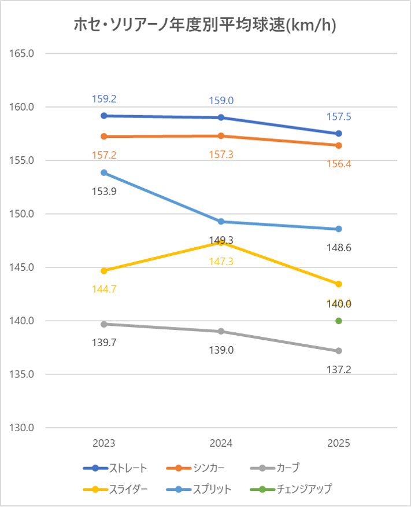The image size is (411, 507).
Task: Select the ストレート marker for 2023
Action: (x=104, y=116)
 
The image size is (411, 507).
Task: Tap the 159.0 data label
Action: (x=221, y=101)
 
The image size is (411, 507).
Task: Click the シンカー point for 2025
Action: (x=339, y=145)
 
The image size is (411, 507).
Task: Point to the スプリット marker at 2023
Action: (x=104, y=172)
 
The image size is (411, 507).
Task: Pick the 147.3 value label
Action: (x=221, y=262)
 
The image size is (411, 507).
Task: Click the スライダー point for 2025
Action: (x=339, y=284)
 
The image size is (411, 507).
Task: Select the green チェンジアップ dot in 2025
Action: (x=339, y=321)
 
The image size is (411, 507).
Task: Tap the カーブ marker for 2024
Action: (x=221, y=332)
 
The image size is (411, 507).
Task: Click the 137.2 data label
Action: (x=339, y=369)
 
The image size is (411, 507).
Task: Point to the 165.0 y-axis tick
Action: (x=23, y=53)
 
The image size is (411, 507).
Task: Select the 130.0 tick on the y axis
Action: (x=23, y=428)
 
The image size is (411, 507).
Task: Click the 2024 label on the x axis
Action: (x=221, y=444)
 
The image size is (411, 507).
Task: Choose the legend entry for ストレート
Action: (x=115, y=468)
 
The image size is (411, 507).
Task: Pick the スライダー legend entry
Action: (x=115, y=489)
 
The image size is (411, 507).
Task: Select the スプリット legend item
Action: (x=202, y=489)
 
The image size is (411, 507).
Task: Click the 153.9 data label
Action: (x=104, y=191)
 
